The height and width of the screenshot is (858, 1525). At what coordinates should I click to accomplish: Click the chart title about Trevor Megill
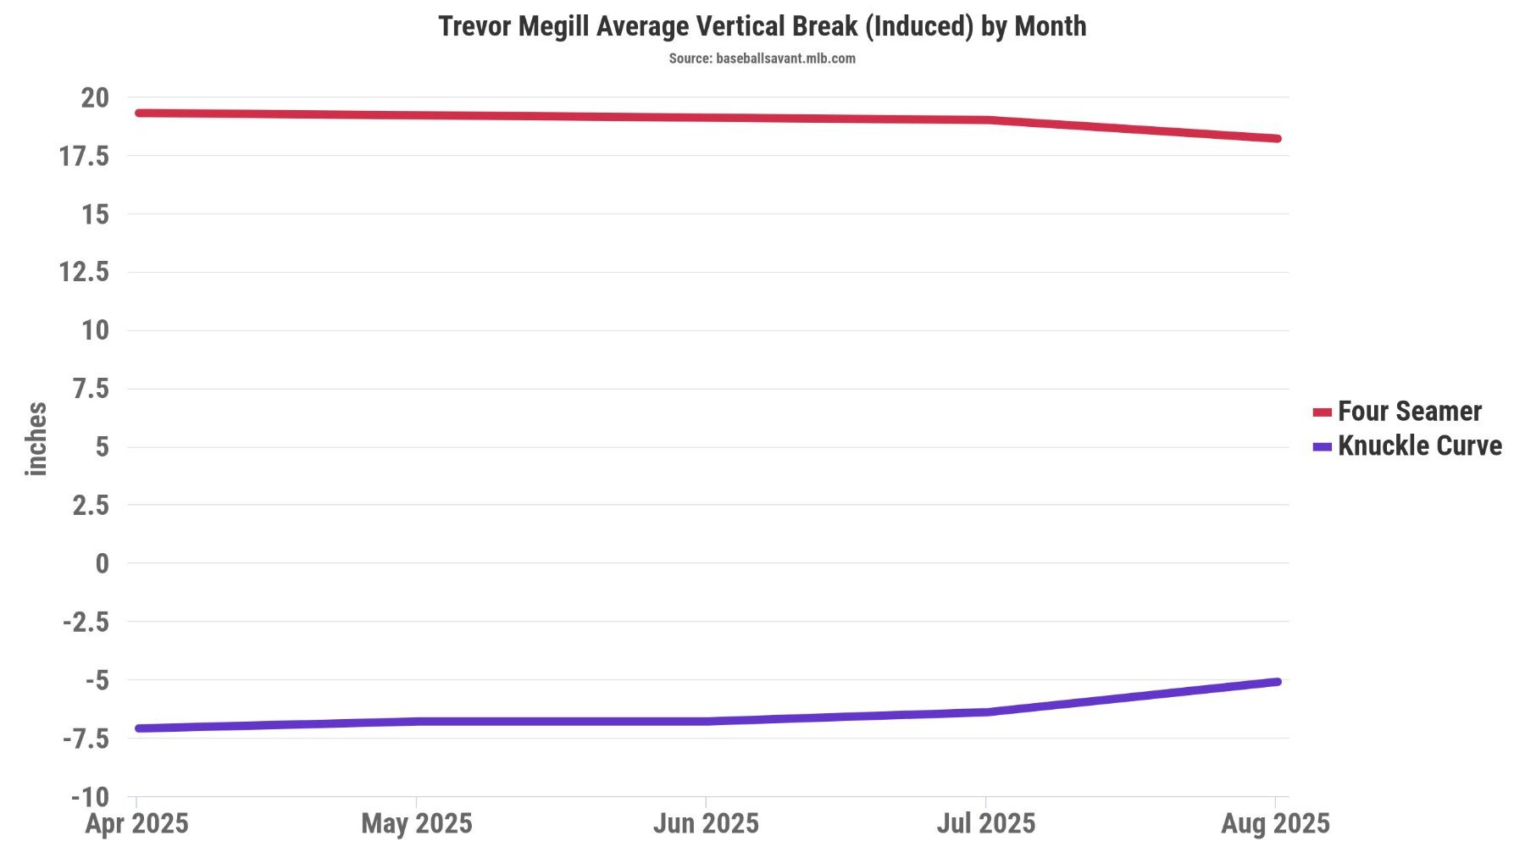762,26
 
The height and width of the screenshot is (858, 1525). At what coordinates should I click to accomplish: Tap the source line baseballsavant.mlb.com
762,58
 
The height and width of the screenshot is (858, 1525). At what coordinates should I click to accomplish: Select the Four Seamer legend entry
1408,412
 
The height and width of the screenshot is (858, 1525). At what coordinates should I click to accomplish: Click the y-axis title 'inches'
36,439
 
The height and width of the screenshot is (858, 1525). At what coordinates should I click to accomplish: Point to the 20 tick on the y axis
95,98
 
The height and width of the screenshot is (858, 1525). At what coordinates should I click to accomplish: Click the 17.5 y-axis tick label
84,156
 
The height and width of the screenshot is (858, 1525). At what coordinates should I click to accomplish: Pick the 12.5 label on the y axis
84,272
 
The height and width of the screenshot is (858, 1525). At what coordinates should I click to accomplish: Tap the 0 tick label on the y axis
102,563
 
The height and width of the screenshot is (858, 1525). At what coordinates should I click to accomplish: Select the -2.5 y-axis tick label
86,623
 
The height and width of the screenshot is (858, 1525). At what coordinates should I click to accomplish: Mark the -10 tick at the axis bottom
90,797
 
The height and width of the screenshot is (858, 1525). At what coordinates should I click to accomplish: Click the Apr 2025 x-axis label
136,823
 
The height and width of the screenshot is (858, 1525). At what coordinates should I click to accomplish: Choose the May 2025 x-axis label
416,823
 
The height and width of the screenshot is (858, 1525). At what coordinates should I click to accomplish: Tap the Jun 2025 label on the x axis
706,823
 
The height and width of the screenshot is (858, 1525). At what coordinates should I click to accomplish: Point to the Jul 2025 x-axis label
985,823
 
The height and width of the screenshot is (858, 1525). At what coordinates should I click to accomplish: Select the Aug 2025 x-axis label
1275,823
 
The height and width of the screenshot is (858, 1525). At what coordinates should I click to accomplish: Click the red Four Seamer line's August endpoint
1276,138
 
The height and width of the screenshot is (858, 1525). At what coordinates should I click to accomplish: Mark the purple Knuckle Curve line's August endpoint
1276,682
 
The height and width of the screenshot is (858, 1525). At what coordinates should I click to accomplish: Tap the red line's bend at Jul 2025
987,120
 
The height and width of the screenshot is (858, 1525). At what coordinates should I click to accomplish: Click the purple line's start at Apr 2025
139,728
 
